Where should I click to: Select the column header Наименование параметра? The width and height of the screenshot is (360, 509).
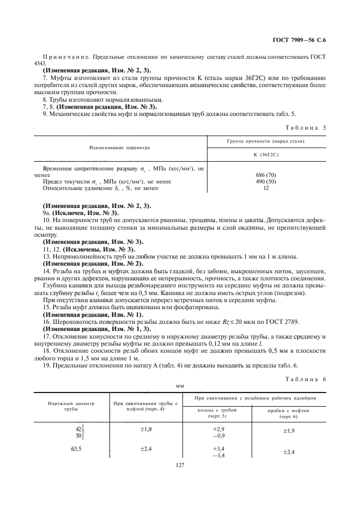point(120,148)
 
